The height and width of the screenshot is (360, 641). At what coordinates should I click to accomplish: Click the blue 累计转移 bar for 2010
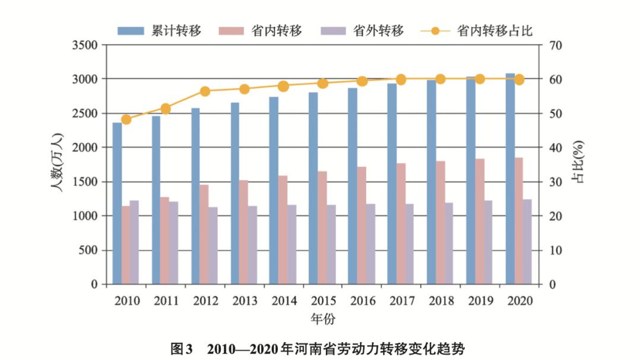(117, 203)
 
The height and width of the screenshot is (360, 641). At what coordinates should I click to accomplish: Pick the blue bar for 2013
(235, 193)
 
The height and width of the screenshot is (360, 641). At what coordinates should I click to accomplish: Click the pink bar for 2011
(164, 240)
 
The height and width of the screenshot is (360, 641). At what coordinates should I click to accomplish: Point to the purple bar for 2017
(409, 244)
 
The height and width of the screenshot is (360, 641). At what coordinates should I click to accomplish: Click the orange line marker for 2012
(205, 91)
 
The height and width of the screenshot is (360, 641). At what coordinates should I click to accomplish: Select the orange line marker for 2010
(126, 119)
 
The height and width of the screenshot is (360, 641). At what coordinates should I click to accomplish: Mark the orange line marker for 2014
(283, 86)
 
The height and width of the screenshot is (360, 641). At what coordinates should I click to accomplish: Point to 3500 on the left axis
(85, 45)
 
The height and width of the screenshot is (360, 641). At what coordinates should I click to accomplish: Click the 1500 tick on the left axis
(85, 182)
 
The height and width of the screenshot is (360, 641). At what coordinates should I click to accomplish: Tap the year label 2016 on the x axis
(362, 301)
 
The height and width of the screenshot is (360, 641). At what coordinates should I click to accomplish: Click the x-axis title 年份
(323, 319)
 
